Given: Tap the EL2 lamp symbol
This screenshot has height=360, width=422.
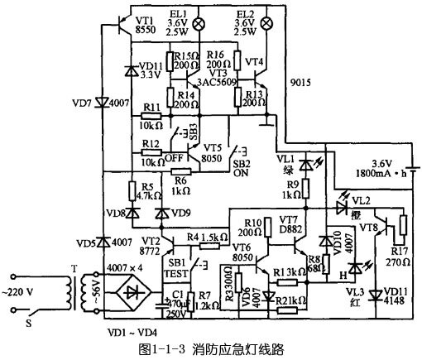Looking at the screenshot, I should (x=265, y=24).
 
